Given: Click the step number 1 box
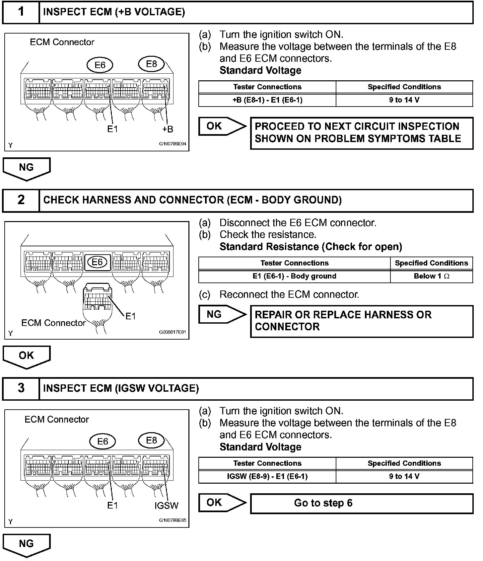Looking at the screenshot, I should click(21, 12).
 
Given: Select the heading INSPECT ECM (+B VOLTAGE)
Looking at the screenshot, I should click(114, 12).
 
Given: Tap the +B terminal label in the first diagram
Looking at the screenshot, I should click(168, 129).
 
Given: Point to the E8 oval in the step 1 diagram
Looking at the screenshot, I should click(151, 64).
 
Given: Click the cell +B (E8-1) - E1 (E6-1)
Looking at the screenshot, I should click(267, 100).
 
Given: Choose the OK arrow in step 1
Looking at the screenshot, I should click(222, 126).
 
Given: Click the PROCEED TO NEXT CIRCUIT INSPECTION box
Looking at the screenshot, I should click(362, 133).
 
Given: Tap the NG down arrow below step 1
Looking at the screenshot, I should click(27, 168).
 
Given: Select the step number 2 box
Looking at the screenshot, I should click(21, 200).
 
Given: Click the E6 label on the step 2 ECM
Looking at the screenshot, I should click(97, 262).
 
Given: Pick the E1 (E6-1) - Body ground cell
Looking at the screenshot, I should click(294, 276).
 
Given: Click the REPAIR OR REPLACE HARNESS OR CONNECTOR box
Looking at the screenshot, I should click(362, 321).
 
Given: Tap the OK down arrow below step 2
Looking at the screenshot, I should click(27, 356).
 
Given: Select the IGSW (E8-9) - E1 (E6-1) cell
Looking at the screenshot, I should click(267, 476).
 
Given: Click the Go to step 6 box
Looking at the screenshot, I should click(362, 503).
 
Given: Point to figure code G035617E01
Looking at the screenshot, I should click(172, 332).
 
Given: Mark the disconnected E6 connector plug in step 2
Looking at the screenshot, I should click(97, 297).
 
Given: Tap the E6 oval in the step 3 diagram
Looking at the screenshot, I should click(103, 441).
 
